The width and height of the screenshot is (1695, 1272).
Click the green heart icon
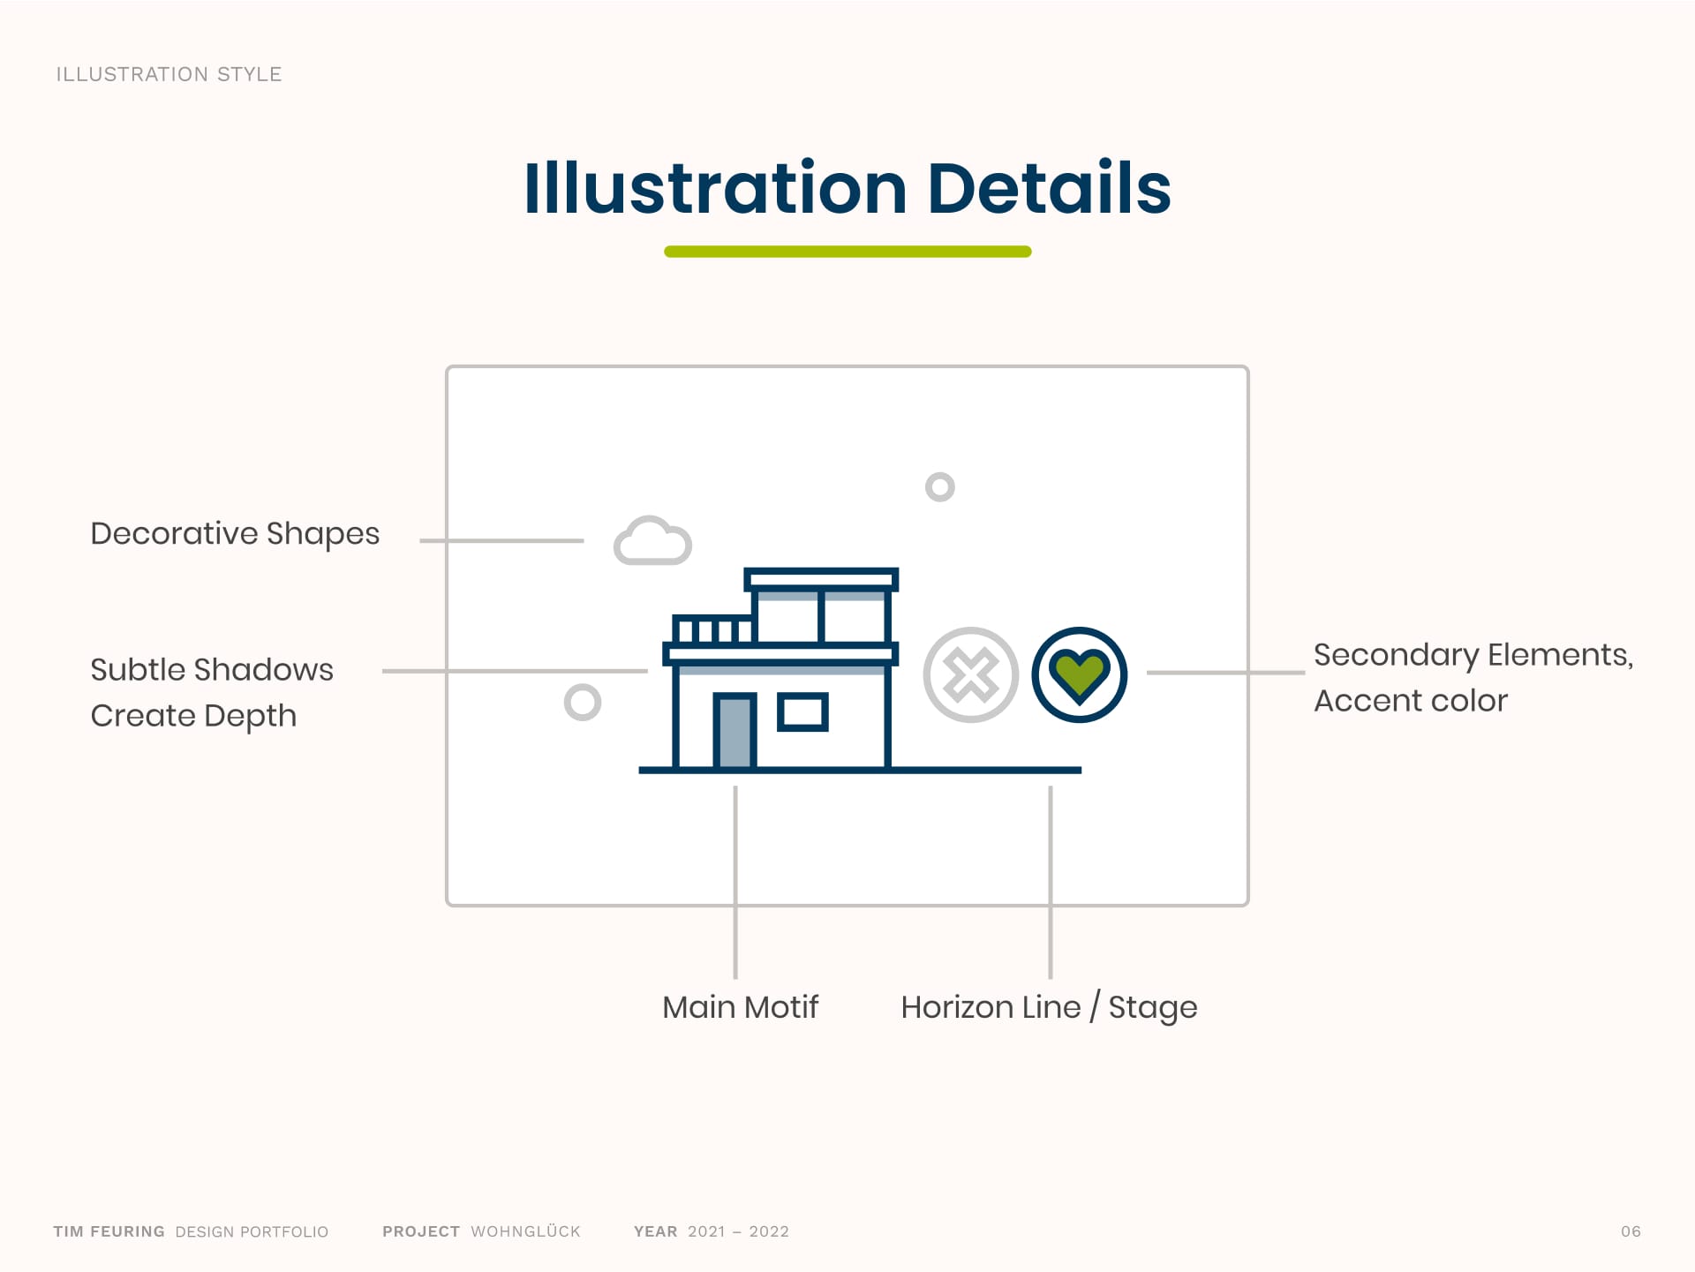pos(1079,675)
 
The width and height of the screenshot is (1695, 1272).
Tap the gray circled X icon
pos(971,675)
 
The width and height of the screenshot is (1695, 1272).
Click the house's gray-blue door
pos(734,731)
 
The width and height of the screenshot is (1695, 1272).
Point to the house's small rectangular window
pos(802,712)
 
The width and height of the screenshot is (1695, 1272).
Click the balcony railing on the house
pos(712,629)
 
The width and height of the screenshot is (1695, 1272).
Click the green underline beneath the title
pos(847,252)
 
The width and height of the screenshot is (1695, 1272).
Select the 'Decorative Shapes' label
pos(235,534)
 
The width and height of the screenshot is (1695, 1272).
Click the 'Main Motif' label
pos(741,1007)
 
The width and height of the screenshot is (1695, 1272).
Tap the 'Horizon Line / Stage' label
pos(1049,1008)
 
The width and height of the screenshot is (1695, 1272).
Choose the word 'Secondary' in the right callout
pos(1396,656)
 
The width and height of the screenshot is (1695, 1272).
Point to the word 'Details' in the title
pos(1050,188)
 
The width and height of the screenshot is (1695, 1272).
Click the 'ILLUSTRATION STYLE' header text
pos(169,74)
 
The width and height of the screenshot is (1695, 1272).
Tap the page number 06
pos(1631,1231)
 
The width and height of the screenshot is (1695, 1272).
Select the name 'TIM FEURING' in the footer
pos(109,1231)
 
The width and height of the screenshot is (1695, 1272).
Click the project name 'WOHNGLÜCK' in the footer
pos(526,1231)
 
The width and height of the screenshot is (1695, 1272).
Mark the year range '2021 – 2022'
pos(738,1231)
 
